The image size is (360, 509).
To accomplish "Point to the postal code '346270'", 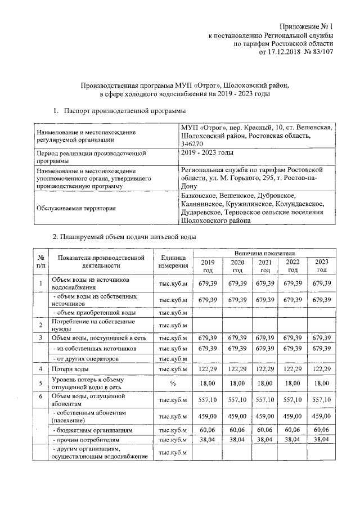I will (192, 144).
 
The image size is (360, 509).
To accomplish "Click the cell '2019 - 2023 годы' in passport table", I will (208, 153).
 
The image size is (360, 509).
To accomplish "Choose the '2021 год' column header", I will (264, 266).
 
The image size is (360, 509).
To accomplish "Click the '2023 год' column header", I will (321, 266).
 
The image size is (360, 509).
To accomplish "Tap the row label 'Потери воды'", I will (70, 369).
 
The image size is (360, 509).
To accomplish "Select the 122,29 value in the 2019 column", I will (208, 369).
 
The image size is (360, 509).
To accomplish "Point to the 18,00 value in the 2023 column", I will (321, 384).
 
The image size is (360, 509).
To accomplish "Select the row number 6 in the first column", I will (40, 397).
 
